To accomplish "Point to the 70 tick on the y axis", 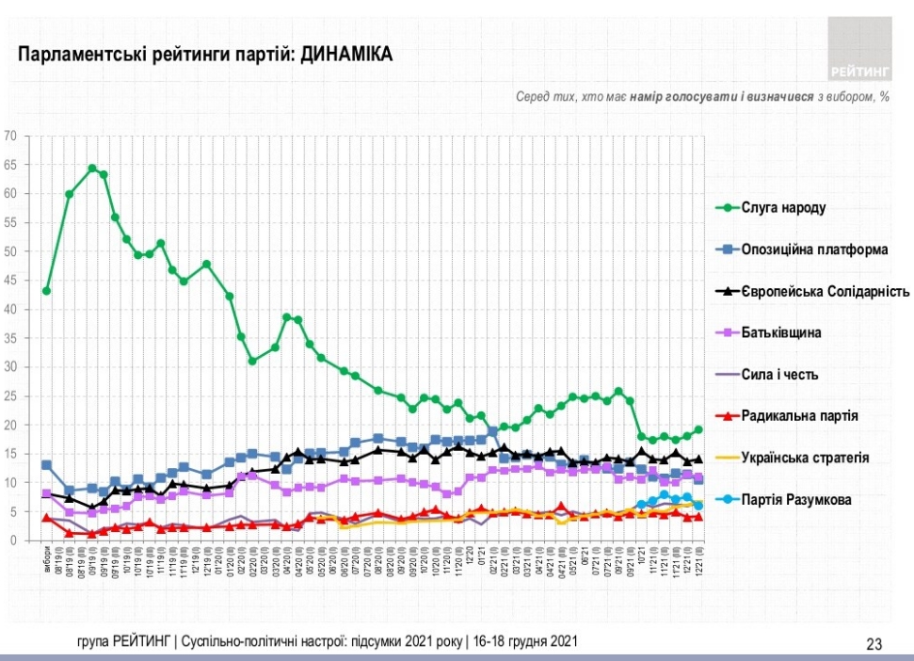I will click(x=11, y=136).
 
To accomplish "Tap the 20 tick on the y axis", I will click(x=11, y=425).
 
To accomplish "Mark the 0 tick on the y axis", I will click(x=14, y=540).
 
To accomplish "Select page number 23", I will click(x=874, y=644).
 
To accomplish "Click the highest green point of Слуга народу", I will click(x=92, y=169).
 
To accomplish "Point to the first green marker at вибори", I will click(x=46, y=291).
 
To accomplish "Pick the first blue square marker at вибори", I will click(x=46, y=465).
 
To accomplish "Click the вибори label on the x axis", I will click(x=46, y=556).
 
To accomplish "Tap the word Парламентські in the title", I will click(x=74, y=56).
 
